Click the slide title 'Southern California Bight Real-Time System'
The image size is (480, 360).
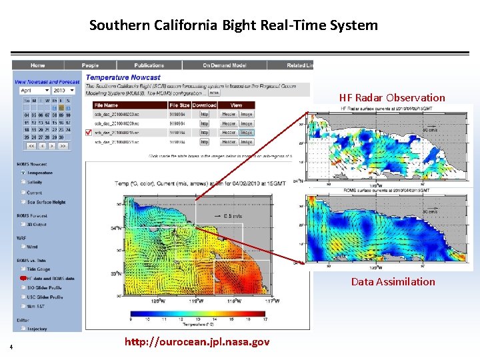233,26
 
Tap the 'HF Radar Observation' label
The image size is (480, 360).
391,97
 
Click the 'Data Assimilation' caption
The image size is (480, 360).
393,281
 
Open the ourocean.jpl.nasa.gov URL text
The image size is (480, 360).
197,342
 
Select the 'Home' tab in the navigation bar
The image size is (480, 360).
37,65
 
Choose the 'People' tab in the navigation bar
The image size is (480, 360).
90,65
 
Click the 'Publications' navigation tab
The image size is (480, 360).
149,65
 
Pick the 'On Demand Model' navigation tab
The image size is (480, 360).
225,65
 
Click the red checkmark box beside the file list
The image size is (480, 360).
89,132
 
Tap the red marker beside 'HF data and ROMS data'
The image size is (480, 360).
23,278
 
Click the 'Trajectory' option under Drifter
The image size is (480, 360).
37,329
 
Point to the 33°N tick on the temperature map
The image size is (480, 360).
116,273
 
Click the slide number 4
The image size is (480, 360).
11,346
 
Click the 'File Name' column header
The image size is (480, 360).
107,105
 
